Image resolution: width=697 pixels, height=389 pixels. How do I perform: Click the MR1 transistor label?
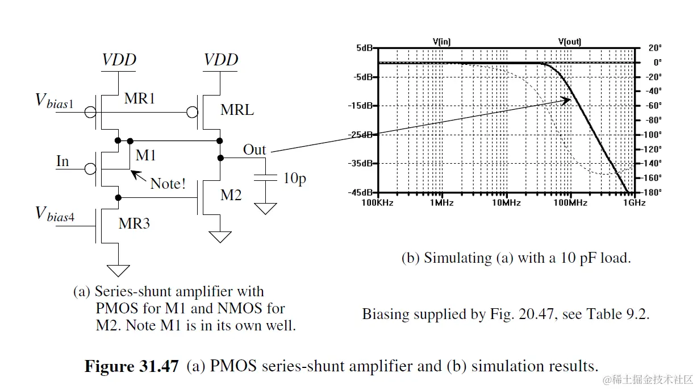[140, 98]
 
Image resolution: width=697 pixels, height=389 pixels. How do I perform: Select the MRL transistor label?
[237, 110]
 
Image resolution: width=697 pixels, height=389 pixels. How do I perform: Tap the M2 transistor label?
[231, 195]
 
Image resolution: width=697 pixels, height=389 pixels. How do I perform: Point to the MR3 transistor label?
[134, 224]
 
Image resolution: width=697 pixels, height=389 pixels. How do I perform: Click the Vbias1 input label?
[55, 101]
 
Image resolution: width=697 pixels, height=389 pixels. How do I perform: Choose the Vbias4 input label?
[55, 214]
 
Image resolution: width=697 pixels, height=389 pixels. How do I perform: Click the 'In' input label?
[62, 162]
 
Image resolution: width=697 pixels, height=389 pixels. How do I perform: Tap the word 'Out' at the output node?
[254, 150]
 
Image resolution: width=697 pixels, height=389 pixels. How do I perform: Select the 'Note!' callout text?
[168, 184]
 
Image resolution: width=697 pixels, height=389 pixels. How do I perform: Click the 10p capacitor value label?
[295, 178]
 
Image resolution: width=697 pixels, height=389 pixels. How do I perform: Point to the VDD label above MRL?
[221, 60]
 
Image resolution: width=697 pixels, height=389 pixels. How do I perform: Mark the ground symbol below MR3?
[119, 270]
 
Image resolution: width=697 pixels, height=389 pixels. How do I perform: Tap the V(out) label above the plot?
[570, 41]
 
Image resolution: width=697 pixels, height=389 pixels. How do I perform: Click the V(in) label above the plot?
[441, 41]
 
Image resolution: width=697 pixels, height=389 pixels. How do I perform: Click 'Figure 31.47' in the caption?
[132, 366]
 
